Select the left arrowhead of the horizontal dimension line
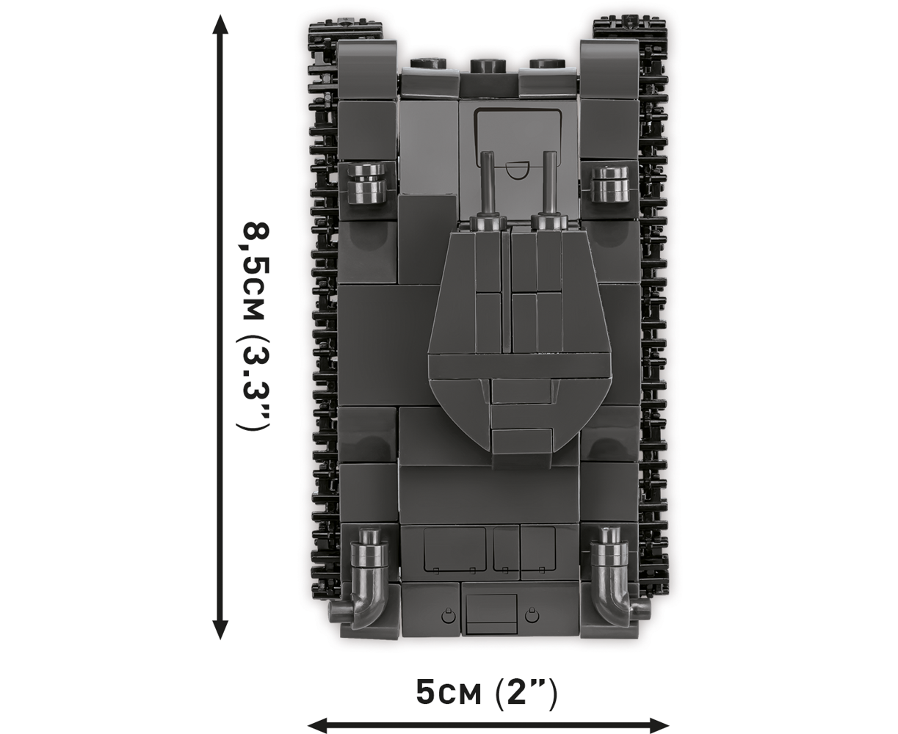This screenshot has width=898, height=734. point(318,724)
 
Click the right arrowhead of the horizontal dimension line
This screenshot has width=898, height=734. point(659,724)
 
